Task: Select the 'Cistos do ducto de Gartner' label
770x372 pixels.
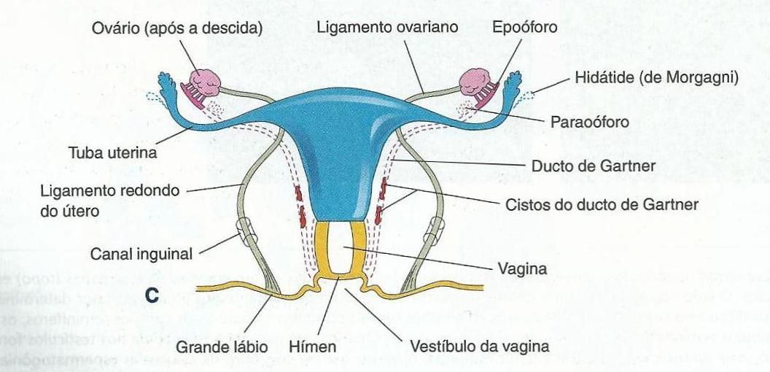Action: click(x=602, y=204)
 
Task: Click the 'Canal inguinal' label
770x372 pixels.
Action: click(x=141, y=255)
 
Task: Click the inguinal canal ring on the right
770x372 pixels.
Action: click(x=437, y=230)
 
